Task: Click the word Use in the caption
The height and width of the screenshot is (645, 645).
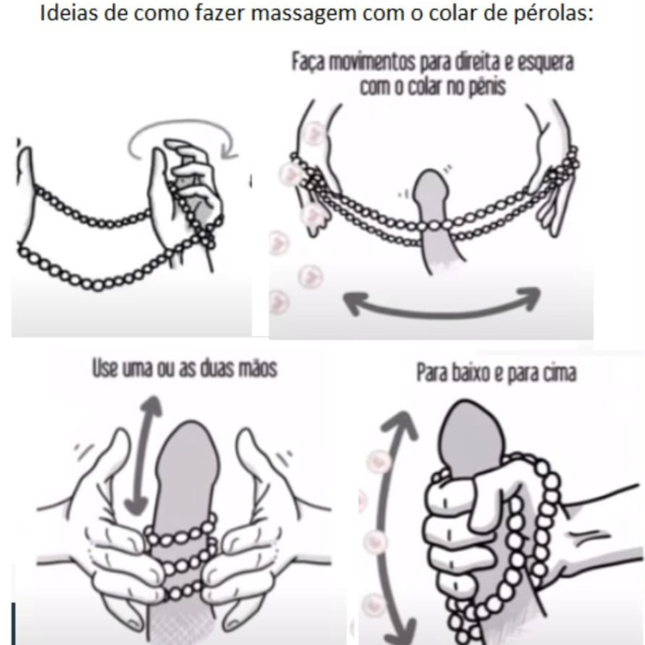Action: coord(105,368)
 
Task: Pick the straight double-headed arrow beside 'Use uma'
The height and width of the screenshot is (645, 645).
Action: coord(144,454)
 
